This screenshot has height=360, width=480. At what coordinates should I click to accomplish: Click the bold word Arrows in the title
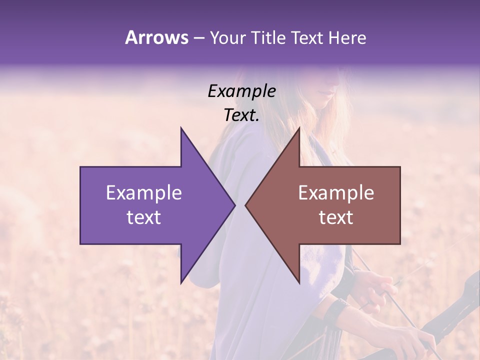click(x=156, y=37)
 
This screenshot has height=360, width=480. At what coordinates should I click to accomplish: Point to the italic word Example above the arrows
click(x=241, y=91)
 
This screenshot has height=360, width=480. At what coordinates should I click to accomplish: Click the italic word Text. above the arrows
click(x=241, y=115)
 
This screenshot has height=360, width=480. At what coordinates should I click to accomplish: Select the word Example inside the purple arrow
click(x=144, y=192)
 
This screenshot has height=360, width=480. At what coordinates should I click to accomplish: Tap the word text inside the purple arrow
click(x=144, y=217)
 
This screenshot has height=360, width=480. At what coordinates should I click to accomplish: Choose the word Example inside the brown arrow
click(x=336, y=192)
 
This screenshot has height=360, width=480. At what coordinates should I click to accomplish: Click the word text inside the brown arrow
click(x=336, y=217)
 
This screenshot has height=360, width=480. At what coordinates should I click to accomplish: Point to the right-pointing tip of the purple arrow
click(x=235, y=205)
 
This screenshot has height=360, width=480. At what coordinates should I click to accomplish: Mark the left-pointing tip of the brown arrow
click(x=245, y=205)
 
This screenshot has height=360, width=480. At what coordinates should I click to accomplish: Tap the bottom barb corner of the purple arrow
click(x=181, y=282)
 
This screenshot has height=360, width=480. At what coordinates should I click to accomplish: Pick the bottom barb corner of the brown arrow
click(x=299, y=282)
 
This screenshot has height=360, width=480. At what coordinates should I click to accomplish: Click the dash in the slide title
click(x=198, y=38)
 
